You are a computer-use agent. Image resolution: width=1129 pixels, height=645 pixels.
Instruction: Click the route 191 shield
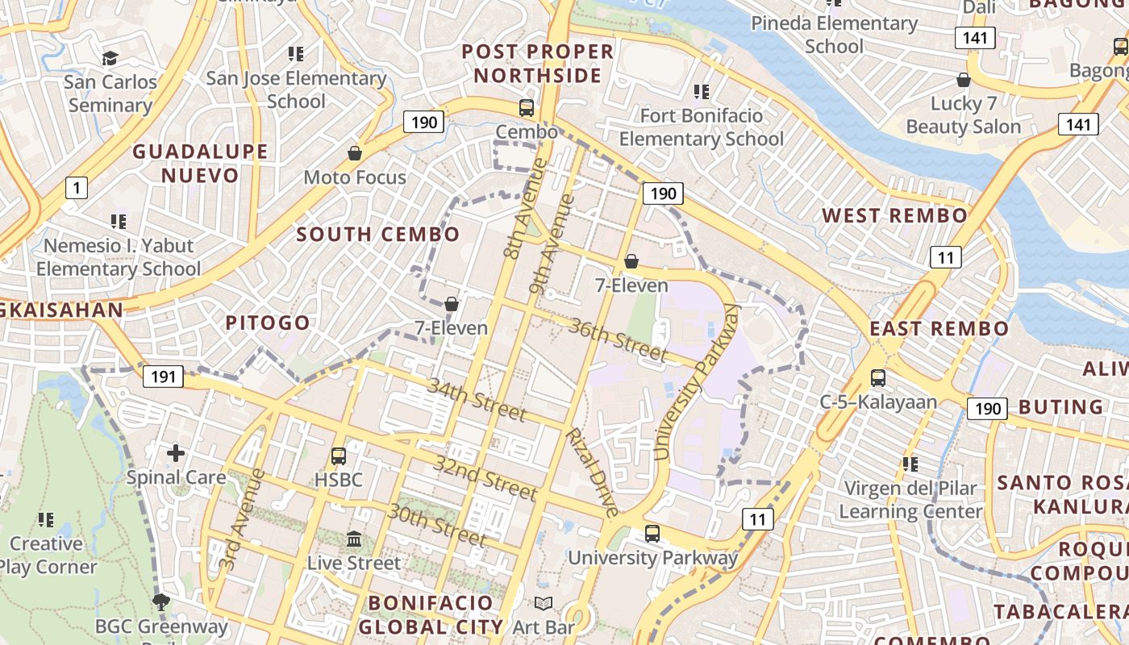[163, 377]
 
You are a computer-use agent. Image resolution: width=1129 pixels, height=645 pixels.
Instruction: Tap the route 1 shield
[76, 189]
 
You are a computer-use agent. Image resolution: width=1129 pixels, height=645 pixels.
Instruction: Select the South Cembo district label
[378, 235]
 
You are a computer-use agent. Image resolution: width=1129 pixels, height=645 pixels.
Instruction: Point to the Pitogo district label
[268, 323]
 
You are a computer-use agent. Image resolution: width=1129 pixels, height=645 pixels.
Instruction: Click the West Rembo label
[894, 216]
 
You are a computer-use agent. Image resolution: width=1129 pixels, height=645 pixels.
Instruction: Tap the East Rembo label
[939, 329]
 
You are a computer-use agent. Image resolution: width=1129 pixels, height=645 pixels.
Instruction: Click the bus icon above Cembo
[527, 107]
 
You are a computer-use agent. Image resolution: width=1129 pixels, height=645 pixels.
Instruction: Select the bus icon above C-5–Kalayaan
[877, 377]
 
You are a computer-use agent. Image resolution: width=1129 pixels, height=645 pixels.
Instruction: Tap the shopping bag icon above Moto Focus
[355, 153]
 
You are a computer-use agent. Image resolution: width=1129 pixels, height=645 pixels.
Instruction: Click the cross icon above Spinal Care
[176, 453]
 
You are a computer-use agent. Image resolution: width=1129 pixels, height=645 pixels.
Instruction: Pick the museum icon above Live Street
[354, 539]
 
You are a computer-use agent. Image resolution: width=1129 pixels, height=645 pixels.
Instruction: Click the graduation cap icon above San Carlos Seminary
[110, 58]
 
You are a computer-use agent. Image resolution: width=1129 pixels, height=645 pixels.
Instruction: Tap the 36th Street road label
[619, 339]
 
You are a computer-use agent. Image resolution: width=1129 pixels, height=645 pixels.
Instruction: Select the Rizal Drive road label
[592, 472]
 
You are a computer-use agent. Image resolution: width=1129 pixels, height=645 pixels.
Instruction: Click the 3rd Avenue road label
[242, 519]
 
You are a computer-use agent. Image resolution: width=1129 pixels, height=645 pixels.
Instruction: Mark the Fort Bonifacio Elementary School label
[701, 127]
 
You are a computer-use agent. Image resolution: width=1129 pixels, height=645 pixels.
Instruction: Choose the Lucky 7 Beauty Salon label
[963, 115]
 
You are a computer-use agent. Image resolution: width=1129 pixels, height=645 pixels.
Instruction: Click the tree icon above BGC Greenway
[161, 601]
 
